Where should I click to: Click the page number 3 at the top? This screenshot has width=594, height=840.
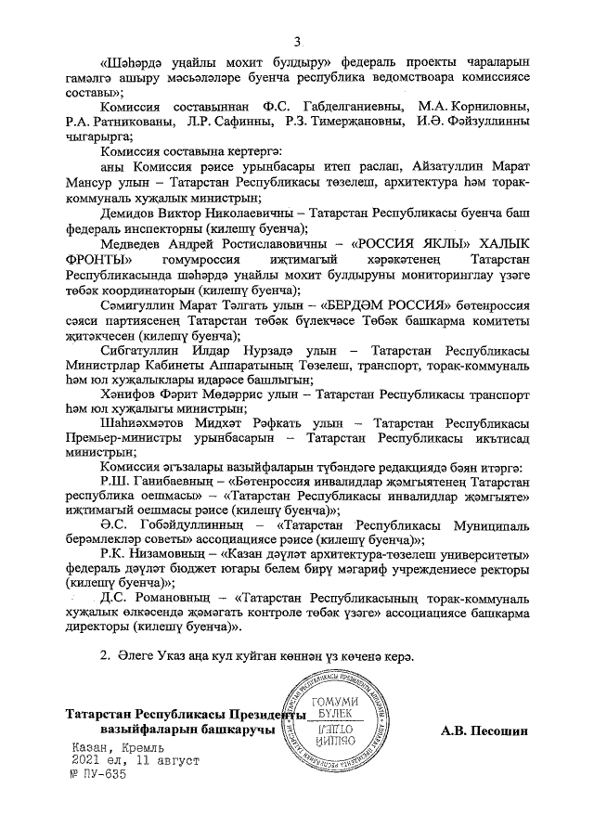coord(298,41)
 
